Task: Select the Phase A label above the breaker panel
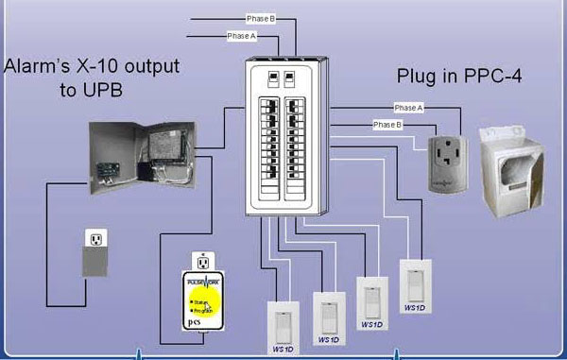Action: click(x=240, y=36)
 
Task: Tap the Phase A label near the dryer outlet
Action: click(x=410, y=108)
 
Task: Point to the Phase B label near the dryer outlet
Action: click(x=387, y=125)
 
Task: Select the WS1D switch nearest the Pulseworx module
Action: click(x=283, y=321)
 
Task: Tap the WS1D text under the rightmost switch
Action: click(x=414, y=307)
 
